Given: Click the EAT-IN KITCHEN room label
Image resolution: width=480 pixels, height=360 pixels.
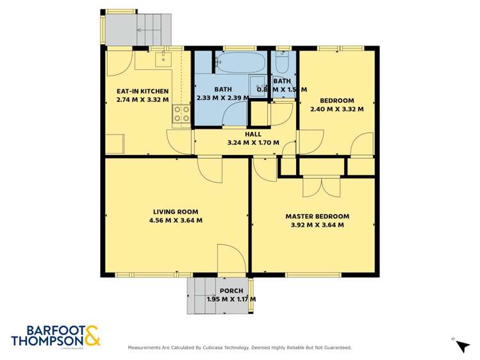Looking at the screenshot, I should tap(142, 92).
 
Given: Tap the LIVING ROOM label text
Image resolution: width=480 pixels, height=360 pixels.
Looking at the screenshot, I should tap(175, 211).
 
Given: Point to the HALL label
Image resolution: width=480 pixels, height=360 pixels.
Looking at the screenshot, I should tap(254, 135).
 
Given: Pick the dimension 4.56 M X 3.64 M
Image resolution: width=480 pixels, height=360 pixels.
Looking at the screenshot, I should tap(175, 220).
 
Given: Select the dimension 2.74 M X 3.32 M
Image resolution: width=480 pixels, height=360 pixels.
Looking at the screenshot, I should tap(142, 100).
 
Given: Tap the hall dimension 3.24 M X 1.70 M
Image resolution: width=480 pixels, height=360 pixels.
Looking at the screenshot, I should tap(254, 142).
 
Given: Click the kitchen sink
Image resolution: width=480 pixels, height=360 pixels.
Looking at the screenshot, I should tap(162, 60).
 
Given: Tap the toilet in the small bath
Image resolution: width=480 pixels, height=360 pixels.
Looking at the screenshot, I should tap(283, 63).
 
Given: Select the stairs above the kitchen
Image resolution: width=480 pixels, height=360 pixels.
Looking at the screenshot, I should tap(154, 29).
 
